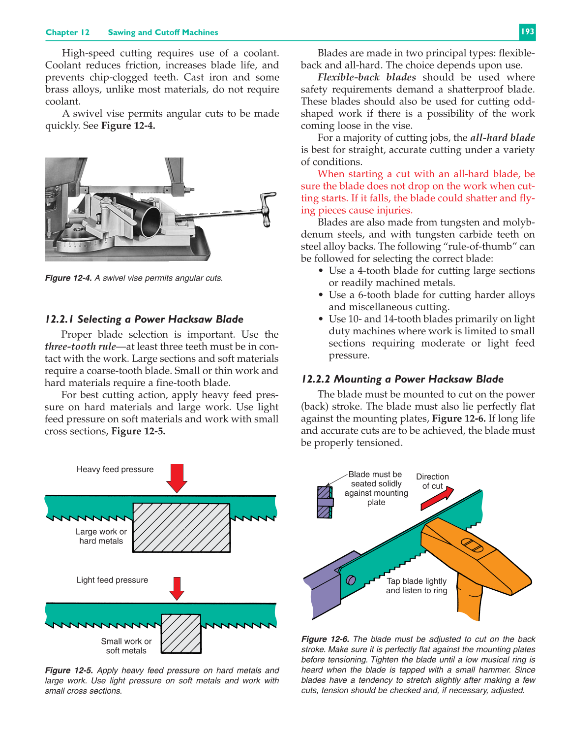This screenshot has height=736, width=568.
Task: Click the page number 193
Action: pyautogui.click(x=527, y=32)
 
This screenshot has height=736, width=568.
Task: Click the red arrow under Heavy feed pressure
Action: pyautogui.click(x=177, y=477)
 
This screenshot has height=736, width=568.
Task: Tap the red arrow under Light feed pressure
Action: pyautogui.click(x=177, y=588)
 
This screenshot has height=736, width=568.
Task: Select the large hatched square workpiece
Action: pyautogui.click(x=181, y=527)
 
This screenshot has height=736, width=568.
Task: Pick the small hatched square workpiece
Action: pyautogui.click(x=181, y=633)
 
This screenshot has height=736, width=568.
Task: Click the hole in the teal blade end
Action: pyautogui.click(x=351, y=580)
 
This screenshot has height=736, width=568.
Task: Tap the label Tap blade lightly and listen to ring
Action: pyautogui.click(x=416, y=586)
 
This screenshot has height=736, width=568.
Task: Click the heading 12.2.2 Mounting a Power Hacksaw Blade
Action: pyautogui.click(x=402, y=379)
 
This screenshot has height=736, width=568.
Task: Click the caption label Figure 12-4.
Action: pyautogui.click(x=68, y=278)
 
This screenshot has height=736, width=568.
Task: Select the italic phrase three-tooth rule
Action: pyautogui.click(x=80, y=347)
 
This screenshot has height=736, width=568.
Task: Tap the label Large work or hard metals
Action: pyautogui.click(x=101, y=536)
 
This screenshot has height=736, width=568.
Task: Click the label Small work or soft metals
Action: pyautogui.click(x=126, y=646)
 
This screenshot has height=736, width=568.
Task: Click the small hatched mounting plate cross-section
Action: pyautogui.click(x=325, y=502)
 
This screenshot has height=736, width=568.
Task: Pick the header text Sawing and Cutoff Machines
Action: pyautogui.click(x=163, y=32)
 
